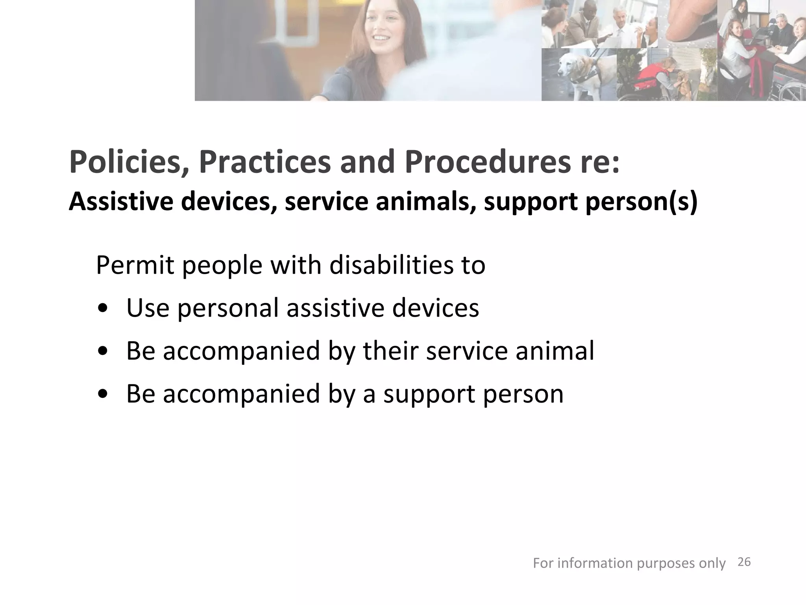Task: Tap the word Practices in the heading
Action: tap(264, 162)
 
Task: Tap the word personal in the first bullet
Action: tap(228, 308)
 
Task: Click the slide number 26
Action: tap(744, 562)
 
